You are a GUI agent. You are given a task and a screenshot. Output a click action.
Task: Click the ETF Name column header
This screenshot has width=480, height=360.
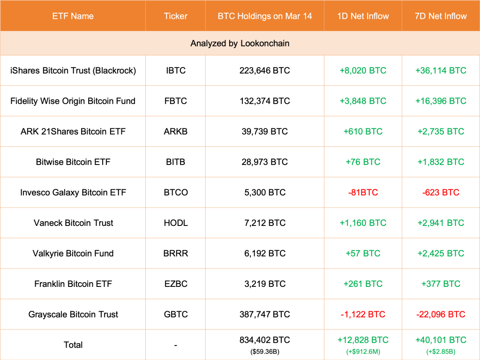pyautogui.click(x=73, y=16)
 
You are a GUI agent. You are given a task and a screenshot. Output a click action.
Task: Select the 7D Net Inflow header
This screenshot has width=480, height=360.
pyautogui.click(x=441, y=16)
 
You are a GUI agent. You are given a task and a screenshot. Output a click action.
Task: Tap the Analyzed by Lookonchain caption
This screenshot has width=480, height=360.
pyautogui.click(x=240, y=43)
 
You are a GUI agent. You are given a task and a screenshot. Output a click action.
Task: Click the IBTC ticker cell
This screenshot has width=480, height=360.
pyautogui.click(x=176, y=70)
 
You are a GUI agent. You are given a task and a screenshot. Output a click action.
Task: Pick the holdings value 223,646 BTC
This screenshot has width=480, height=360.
pyautogui.click(x=264, y=70)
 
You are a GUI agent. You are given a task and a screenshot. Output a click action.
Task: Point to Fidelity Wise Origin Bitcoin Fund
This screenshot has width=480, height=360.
pyautogui.click(x=73, y=101)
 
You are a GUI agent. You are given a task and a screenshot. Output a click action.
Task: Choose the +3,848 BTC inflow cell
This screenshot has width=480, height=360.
pyautogui.click(x=363, y=101)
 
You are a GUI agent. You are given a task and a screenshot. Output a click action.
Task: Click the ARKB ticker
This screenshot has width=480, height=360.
pyautogui.click(x=176, y=131)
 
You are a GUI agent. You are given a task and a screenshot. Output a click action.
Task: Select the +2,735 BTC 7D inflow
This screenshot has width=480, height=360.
pyautogui.click(x=441, y=131)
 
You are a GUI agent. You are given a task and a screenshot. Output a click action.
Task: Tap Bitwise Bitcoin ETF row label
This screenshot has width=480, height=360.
pyautogui.click(x=73, y=162)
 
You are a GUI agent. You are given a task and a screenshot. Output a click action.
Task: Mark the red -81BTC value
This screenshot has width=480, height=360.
pyautogui.click(x=363, y=192)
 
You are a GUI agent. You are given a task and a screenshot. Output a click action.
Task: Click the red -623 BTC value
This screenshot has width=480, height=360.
pyautogui.click(x=441, y=192)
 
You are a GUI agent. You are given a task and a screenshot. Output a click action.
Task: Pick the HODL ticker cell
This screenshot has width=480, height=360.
pyautogui.click(x=176, y=223)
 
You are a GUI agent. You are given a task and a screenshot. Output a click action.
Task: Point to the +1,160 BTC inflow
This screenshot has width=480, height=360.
pyautogui.click(x=363, y=223)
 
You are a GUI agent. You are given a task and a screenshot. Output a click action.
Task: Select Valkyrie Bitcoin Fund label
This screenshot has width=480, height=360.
pyautogui.click(x=73, y=253)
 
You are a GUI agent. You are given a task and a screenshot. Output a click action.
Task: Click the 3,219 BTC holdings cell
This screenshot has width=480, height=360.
pyautogui.click(x=264, y=284)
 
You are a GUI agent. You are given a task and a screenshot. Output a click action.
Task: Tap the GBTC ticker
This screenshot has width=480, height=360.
pyautogui.click(x=176, y=314)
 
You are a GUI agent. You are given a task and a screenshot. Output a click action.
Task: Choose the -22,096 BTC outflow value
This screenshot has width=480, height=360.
pyautogui.click(x=441, y=314)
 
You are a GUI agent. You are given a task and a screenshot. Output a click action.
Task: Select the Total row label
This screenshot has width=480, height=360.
pyautogui.click(x=73, y=345)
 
